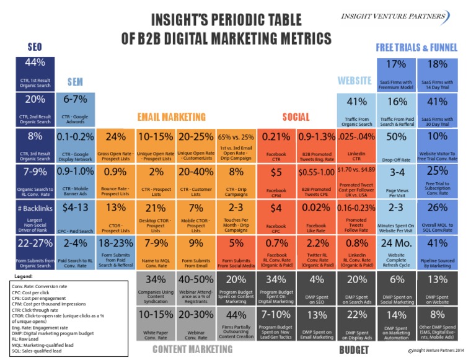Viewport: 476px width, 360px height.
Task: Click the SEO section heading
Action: [x=34, y=47]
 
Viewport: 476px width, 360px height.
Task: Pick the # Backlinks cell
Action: [x=35, y=217]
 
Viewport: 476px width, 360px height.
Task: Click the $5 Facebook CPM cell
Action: [x=277, y=180]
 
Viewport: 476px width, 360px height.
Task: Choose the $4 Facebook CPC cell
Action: [x=277, y=217]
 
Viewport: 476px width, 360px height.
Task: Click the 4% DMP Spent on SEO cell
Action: [x=317, y=288]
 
